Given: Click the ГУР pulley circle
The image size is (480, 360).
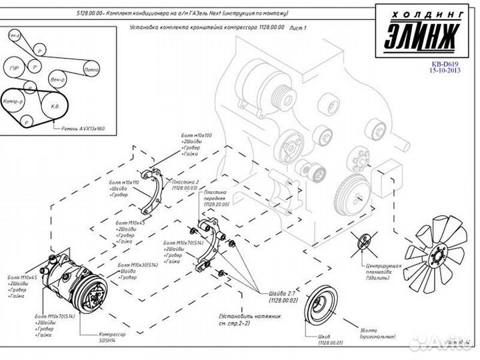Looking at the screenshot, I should [x=15, y=68].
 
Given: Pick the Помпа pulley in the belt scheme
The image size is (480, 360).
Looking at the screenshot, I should [x=92, y=69].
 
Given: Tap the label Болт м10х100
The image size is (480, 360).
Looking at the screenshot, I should [x=196, y=135].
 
